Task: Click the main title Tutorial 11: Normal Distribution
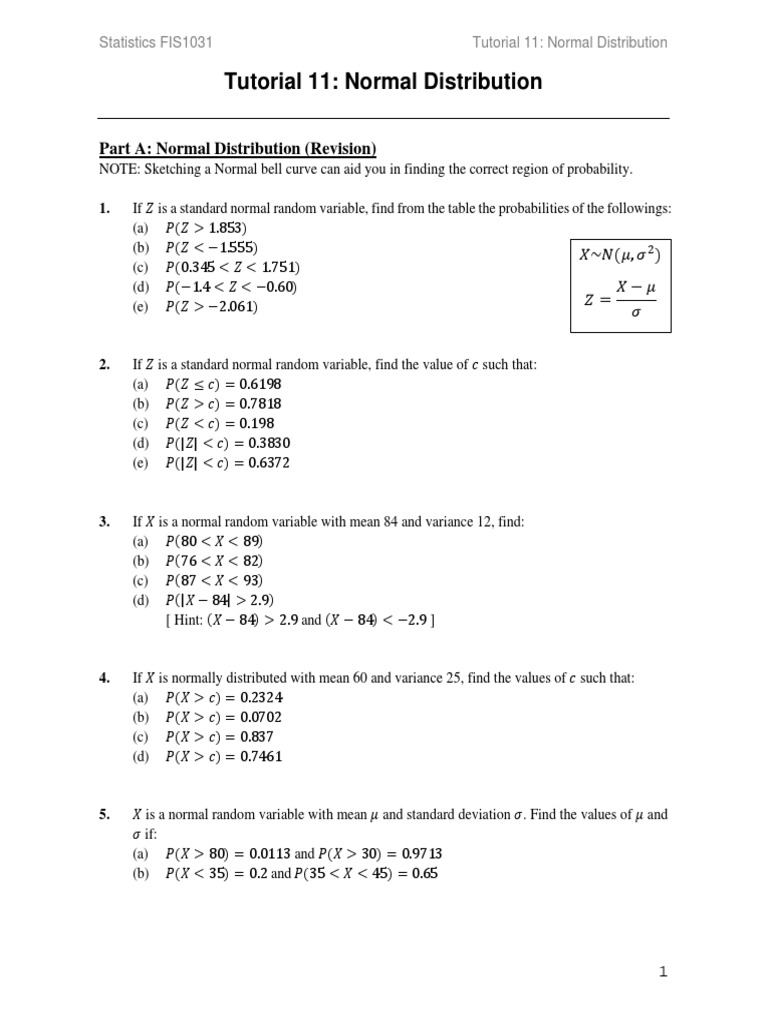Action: pos(383,82)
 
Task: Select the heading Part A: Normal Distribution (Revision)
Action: pos(237,149)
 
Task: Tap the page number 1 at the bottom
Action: pos(662,971)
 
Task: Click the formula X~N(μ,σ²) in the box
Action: pos(620,255)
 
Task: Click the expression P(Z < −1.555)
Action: pos(212,248)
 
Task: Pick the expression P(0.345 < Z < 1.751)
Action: pos(233,268)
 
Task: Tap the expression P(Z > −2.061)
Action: pos(212,307)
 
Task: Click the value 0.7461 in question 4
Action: pos(263,757)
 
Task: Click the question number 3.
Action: pos(104,522)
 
